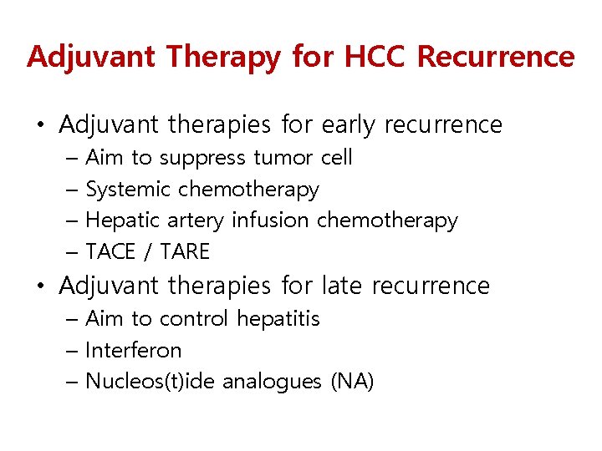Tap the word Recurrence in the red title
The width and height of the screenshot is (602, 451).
click(x=496, y=57)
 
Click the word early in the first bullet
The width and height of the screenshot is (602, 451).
click(x=349, y=125)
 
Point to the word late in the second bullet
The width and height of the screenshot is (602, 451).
click(x=343, y=286)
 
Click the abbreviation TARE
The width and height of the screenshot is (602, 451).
click(x=185, y=251)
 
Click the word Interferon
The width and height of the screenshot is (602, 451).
click(x=134, y=350)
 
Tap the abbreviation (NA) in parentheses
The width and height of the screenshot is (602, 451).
click(x=352, y=382)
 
